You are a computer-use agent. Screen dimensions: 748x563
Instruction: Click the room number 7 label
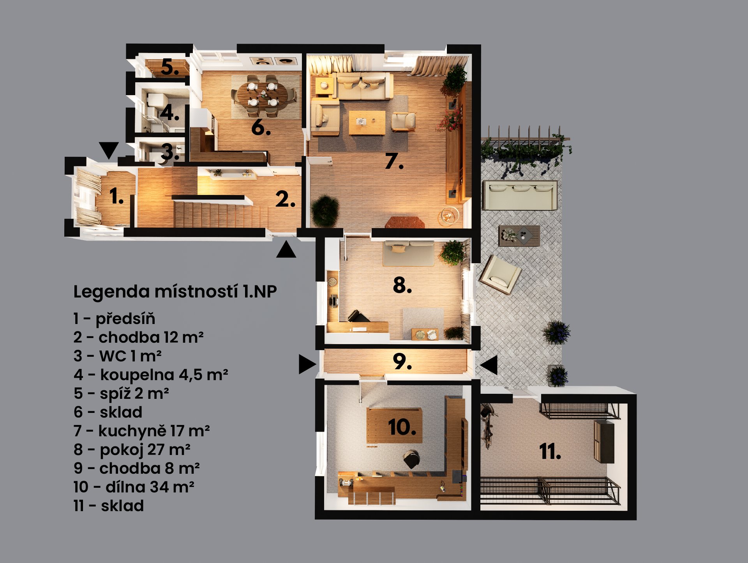394,161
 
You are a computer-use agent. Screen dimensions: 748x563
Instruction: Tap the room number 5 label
170,67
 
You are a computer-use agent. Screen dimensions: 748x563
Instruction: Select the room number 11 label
550,451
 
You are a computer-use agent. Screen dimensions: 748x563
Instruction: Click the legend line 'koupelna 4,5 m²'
151,375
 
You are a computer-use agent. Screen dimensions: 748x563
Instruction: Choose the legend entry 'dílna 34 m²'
134,487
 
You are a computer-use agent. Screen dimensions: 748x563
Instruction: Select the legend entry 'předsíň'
114,319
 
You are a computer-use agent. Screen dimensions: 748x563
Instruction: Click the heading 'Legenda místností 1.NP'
175,291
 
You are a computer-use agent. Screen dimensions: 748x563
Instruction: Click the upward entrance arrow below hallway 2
286,250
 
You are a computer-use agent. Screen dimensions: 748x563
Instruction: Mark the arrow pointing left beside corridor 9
489,365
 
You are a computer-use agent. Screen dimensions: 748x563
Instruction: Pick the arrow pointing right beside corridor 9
307,364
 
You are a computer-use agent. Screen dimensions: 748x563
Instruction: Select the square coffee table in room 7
367,122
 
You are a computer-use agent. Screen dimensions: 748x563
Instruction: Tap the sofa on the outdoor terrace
520,195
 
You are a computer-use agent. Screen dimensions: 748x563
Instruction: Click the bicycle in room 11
487,426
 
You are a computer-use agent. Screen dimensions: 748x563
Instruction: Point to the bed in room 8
408,253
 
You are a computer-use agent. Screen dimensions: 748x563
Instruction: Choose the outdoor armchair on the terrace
500,274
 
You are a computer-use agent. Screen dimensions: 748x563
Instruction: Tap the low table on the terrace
519,235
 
